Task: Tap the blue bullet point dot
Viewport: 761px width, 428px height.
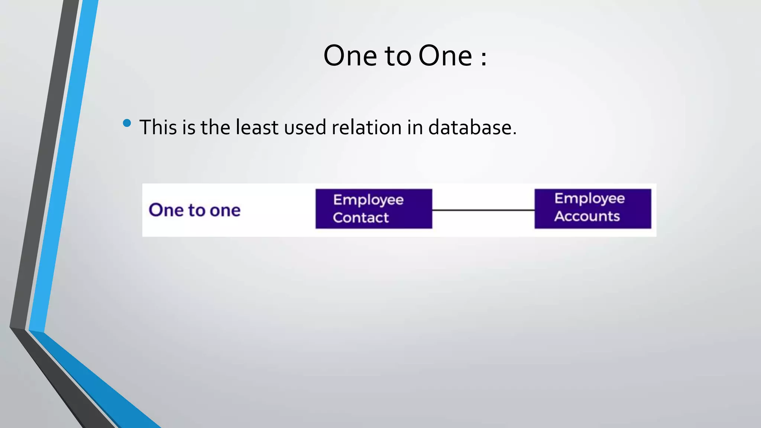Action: tap(127, 123)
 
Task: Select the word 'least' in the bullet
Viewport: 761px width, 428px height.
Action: tap(257, 127)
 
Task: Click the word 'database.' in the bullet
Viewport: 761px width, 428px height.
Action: tap(472, 127)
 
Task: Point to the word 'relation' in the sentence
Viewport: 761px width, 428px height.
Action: tap(366, 127)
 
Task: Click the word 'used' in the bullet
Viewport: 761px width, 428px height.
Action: tap(305, 127)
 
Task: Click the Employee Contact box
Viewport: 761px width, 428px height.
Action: tap(374, 208)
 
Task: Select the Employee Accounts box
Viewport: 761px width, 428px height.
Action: tap(593, 208)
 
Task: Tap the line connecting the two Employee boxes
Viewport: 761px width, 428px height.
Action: tap(483, 210)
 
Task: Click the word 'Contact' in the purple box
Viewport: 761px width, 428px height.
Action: tap(360, 217)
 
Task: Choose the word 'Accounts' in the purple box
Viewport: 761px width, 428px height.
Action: tap(587, 216)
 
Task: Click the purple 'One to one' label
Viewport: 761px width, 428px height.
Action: tap(195, 210)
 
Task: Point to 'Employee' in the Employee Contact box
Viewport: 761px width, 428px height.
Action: tap(368, 200)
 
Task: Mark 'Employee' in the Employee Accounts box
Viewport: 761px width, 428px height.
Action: tap(589, 199)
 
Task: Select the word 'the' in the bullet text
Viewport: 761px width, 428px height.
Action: tap(215, 127)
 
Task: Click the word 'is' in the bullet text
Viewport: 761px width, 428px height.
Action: tap(188, 127)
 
